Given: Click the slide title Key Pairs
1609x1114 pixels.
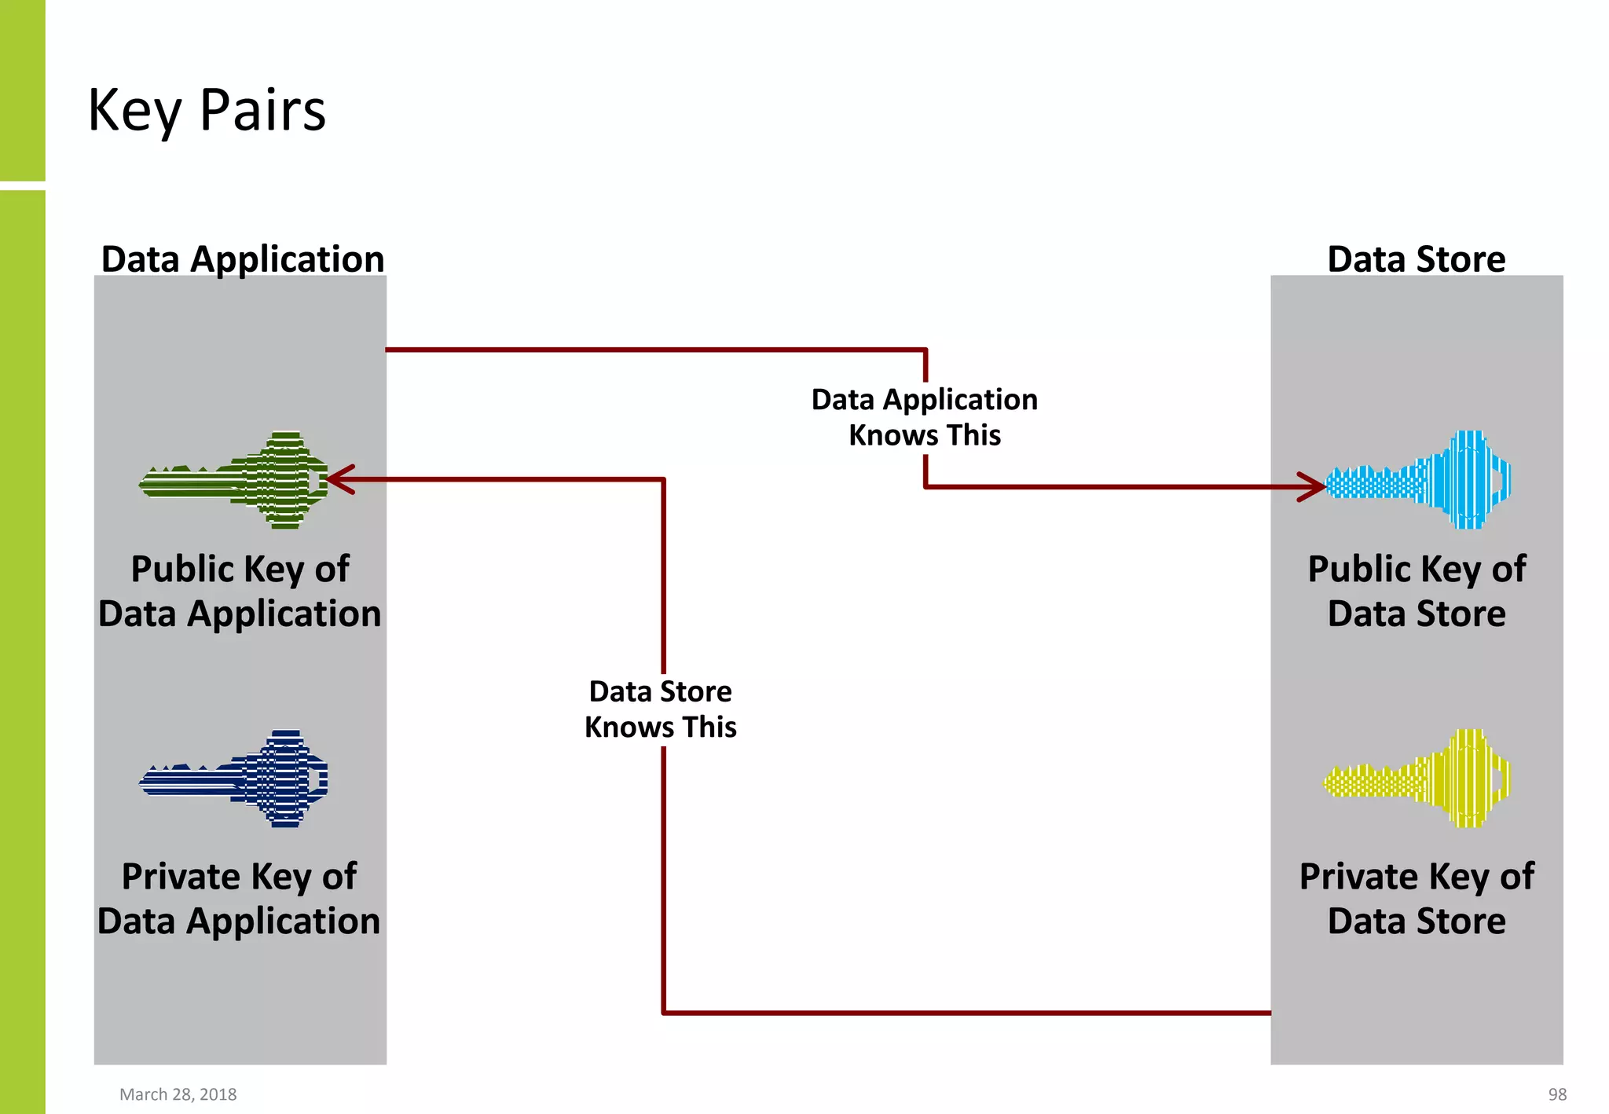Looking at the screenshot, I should point(207,110).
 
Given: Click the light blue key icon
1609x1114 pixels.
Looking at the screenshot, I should point(1419,480).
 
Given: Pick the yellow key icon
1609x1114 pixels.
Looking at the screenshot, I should point(1417,779).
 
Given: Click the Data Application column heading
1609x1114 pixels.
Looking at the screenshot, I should point(243,259).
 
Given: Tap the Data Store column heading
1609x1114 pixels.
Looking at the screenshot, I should point(1416,259).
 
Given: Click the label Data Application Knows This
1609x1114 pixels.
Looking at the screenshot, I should point(925,417).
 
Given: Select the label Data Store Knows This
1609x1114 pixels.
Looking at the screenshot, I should point(661,709).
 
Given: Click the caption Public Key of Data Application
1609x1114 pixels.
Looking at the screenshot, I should point(240,591).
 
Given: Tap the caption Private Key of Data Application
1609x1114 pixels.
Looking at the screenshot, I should point(239,898).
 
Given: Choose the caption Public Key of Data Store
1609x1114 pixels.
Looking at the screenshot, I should point(1417,591).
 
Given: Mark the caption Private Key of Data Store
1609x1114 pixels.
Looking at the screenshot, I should point(1417,898).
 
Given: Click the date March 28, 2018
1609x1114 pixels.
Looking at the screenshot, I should point(178,1094).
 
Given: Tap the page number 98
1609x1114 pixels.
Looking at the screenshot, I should point(1557,1094).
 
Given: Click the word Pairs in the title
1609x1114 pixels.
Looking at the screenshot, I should point(262,110).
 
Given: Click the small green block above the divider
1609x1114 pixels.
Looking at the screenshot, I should point(22,90).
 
